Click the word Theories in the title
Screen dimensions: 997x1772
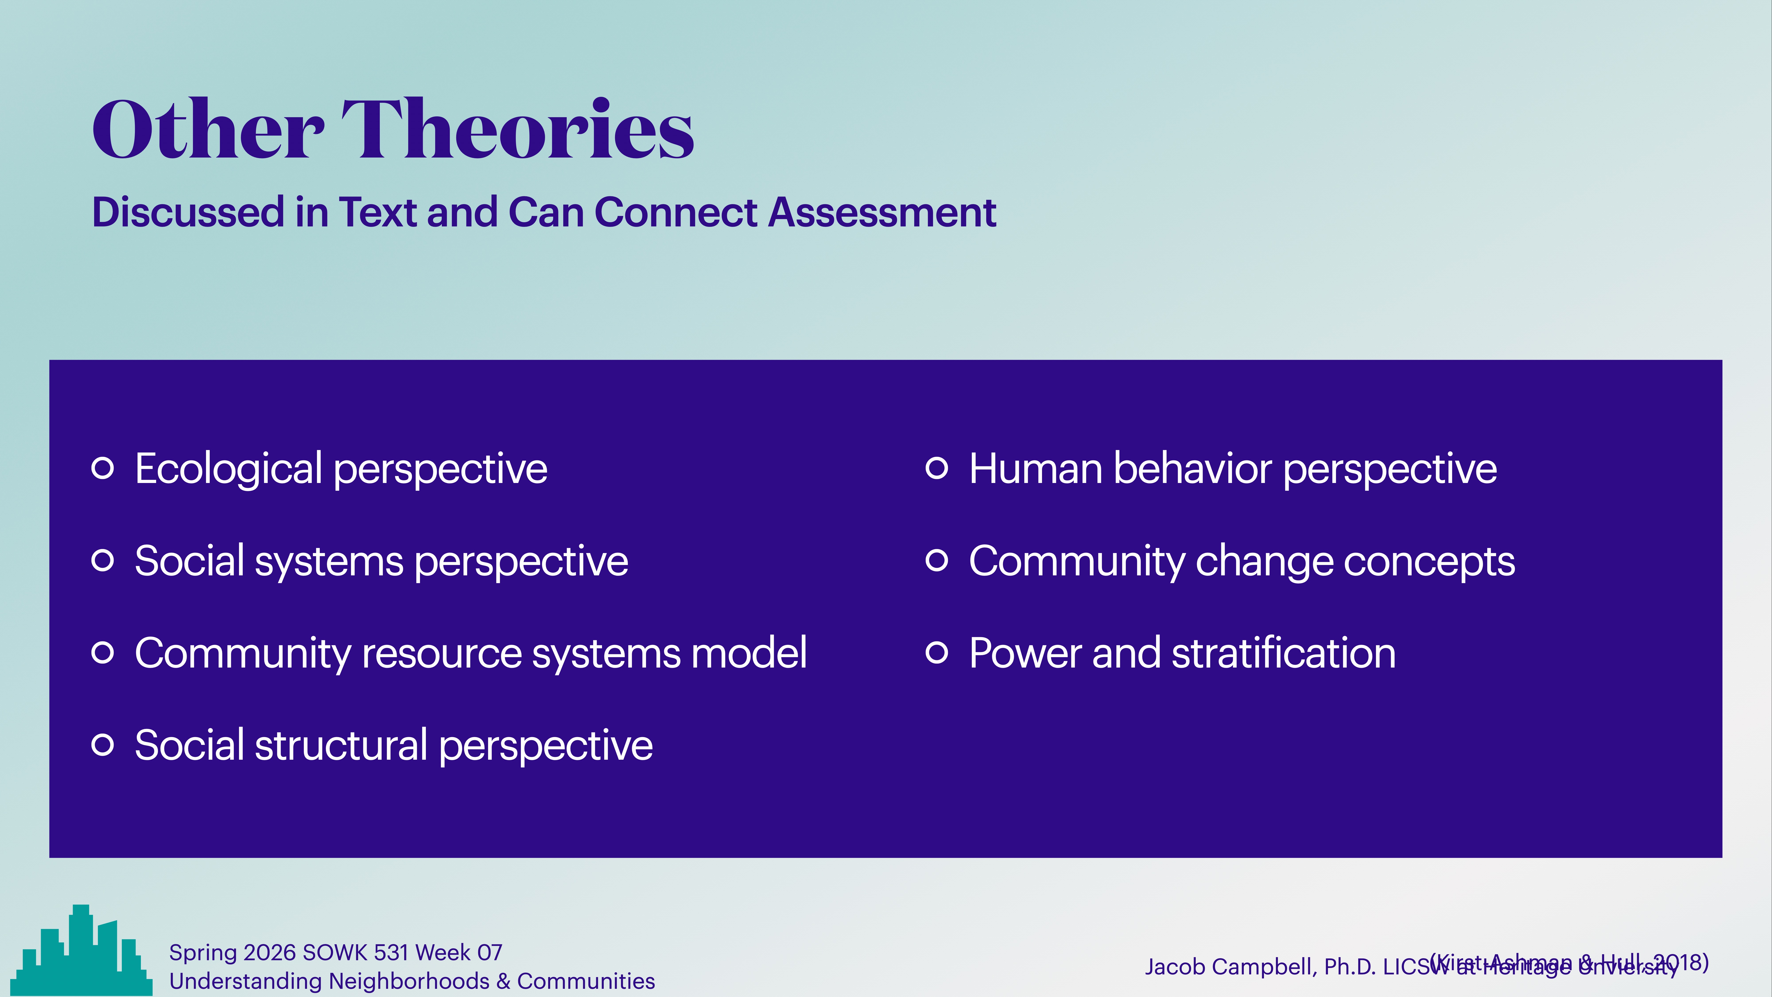coord(517,129)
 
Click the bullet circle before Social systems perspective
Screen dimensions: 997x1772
coord(103,560)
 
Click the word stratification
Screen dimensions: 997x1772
coord(1284,653)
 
